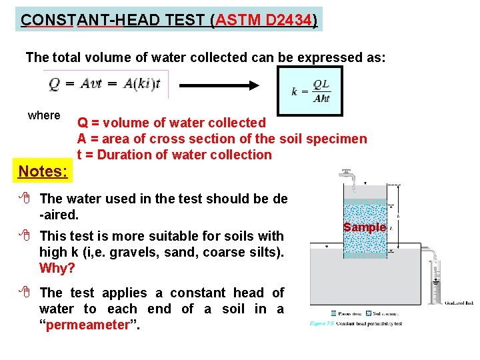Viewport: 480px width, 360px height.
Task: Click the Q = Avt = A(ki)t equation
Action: (x=107, y=84)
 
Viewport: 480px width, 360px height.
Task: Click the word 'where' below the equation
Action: (x=44, y=115)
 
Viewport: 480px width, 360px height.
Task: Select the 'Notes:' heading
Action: (x=43, y=171)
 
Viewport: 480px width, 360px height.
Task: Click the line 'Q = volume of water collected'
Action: (x=171, y=123)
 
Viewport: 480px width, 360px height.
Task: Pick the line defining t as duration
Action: (x=175, y=155)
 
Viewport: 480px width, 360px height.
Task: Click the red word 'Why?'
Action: (x=57, y=268)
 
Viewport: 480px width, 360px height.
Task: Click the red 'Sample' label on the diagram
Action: (x=365, y=227)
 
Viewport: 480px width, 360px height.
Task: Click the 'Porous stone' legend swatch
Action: (x=334, y=313)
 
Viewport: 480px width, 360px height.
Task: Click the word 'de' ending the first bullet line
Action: (x=280, y=198)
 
